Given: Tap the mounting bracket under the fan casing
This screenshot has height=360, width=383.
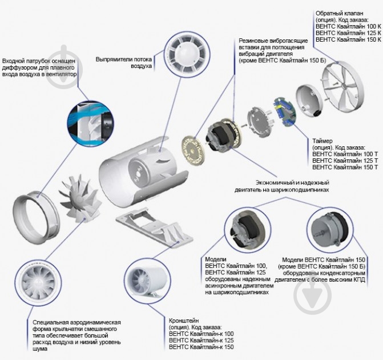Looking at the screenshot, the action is coord(155,226).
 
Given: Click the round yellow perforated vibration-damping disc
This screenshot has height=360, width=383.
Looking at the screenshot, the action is coord(192,150).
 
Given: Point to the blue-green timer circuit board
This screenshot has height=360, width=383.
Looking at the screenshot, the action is coord(284,112).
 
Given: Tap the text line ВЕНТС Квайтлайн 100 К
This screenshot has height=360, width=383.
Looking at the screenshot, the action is coord(348,26).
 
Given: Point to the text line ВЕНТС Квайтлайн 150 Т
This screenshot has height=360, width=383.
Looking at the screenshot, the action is coord(345,167).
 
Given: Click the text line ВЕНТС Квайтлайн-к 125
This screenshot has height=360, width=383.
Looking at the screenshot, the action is coord(201,340).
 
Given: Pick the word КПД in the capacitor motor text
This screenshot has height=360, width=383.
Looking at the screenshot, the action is coord(359,279).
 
